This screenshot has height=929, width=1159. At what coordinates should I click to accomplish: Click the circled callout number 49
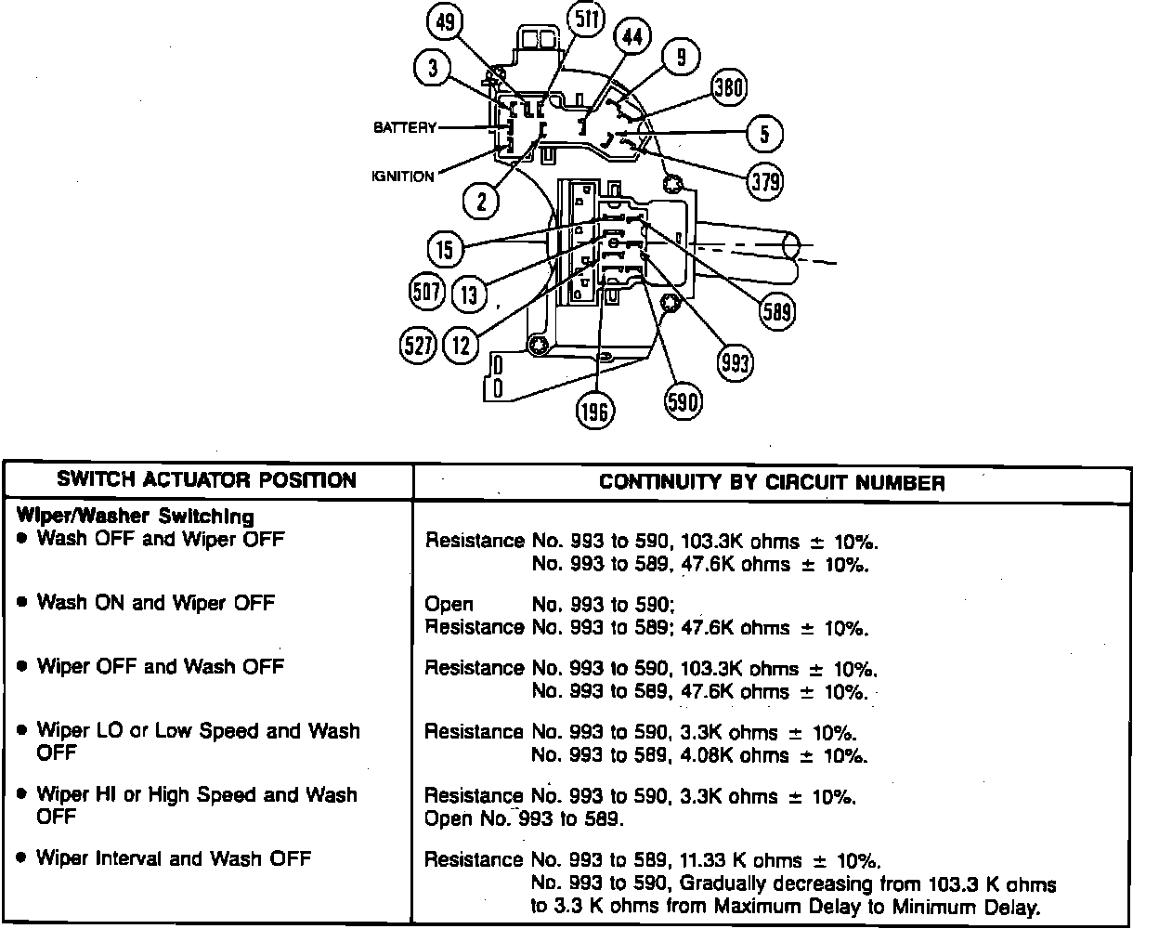click(x=448, y=22)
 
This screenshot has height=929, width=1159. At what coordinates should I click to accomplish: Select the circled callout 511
click(x=585, y=20)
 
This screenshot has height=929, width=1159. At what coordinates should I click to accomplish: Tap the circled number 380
click(x=728, y=87)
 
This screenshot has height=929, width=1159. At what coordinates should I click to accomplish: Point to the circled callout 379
click(x=765, y=180)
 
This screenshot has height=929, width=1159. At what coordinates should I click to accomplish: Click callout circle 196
click(x=594, y=411)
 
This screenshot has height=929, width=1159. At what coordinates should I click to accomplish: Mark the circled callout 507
click(x=426, y=293)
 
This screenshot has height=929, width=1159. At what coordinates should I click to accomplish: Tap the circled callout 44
click(x=632, y=38)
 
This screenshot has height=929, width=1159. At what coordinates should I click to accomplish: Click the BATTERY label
click(x=405, y=127)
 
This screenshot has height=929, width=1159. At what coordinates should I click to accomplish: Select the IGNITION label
click(x=403, y=177)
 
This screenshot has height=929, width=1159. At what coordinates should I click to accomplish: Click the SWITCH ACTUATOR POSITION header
click(x=206, y=480)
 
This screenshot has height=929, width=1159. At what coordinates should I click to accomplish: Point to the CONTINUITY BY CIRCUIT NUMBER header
click(x=772, y=482)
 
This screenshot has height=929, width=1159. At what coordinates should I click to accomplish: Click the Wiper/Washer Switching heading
click(x=135, y=516)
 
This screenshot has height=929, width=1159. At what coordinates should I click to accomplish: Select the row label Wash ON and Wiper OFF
click(x=155, y=602)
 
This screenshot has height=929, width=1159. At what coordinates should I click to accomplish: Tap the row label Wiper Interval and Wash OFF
click(x=173, y=858)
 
